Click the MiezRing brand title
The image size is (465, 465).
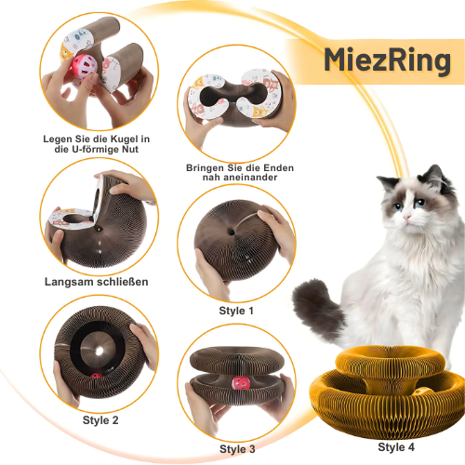coord(388,60)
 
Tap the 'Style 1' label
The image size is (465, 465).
coord(236,311)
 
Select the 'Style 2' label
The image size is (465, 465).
coord(100,420)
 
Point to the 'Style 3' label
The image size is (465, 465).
coord(237,449)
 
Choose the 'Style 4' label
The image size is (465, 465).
coord(396,447)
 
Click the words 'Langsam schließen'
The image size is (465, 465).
coord(97,282)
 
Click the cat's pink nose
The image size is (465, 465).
coord(406,218)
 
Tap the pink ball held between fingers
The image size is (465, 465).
coord(85,66)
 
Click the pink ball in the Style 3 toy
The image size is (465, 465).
coord(241,384)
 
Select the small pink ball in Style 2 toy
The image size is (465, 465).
coord(96,376)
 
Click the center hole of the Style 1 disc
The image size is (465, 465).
coord(232,231)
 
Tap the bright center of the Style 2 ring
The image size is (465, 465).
coord(100,351)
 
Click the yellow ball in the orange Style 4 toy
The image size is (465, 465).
coord(422,392)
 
